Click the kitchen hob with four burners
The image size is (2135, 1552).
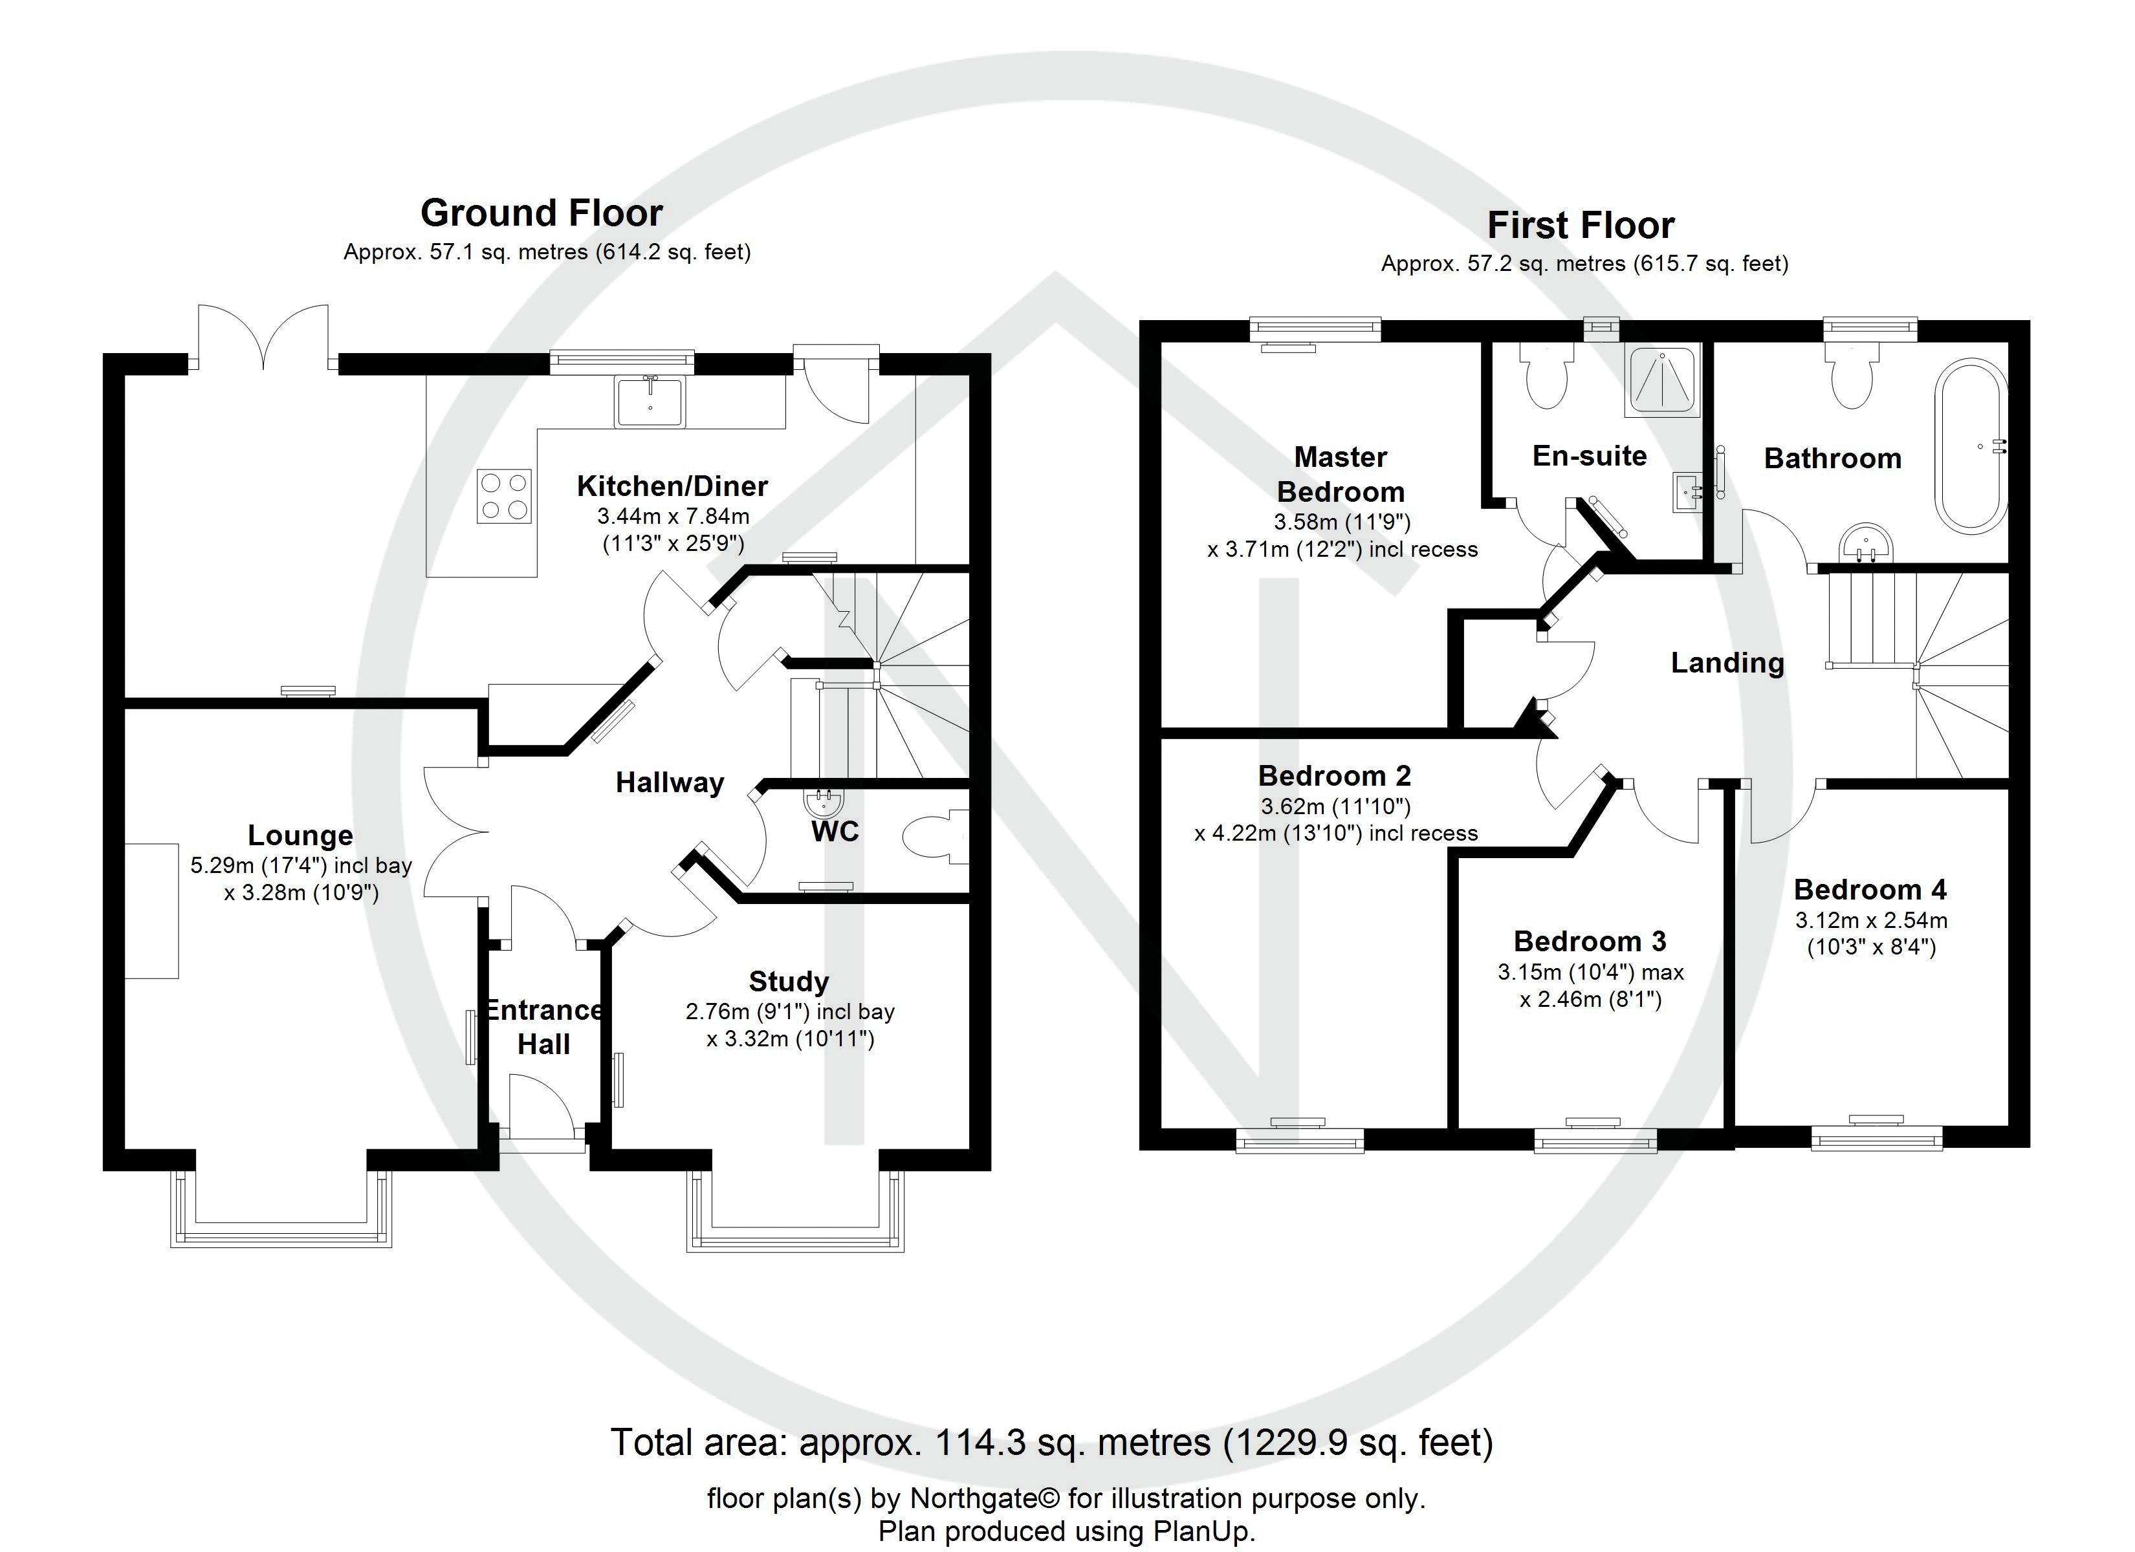click(x=503, y=496)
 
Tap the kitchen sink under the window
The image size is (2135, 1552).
click(x=650, y=401)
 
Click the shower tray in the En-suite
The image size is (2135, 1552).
click(x=1663, y=380)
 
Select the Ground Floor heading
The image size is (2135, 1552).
click(x=542, y=213)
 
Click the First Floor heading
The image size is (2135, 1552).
click(x=1581, y=226)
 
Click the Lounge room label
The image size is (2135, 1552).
click(x=300, y=835)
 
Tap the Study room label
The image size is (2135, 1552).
click(x=789, y=981)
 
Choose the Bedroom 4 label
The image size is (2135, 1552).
click(x=1870, y=889)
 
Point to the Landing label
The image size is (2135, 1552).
click(x=1727, y=663)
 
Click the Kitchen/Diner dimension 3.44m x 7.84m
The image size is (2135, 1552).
click(x=673, y=516)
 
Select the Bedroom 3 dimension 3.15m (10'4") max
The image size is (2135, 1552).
click(x=1591, y=971)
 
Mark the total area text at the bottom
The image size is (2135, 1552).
click(x=1051, y=1442)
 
